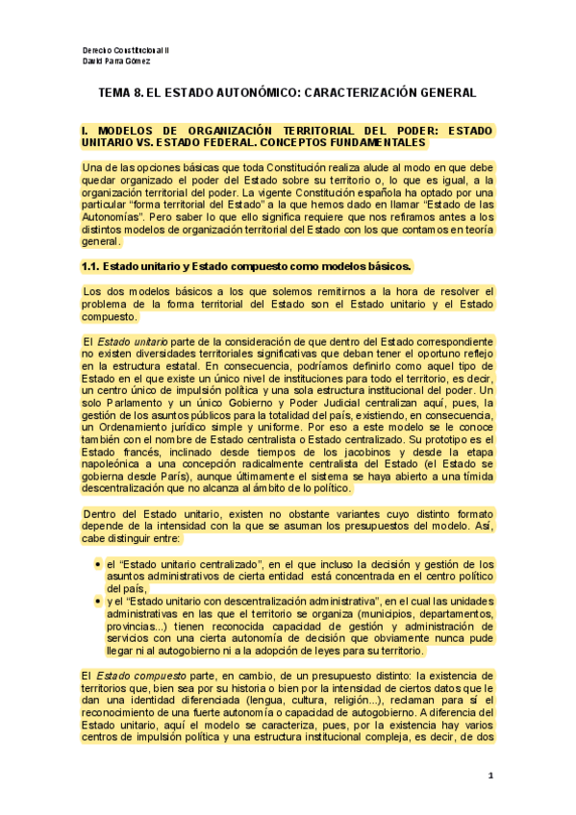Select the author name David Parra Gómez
pos(117,60)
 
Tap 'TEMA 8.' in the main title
pos(124,93)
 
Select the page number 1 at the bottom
pos(490,775)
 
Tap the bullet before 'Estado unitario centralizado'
pos(97,564)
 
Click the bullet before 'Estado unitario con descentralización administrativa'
pos(97,600)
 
